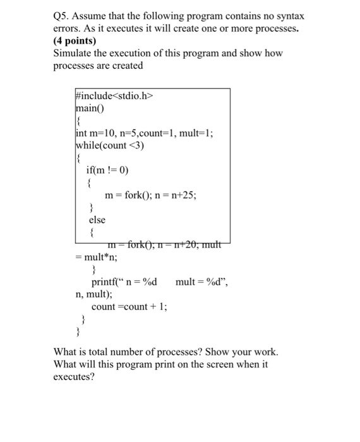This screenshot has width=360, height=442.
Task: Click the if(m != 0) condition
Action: coord(111,169)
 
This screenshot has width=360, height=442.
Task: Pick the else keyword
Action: coord(97,220)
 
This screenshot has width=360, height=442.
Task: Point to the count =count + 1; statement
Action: coord(129,307)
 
